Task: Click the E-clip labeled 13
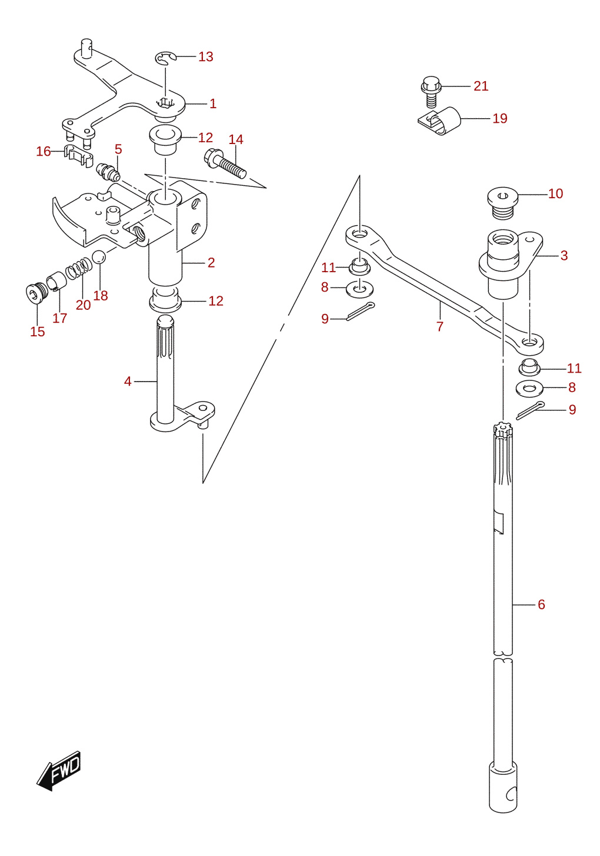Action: click(x=165, y=58)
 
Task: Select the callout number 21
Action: click(x=481, y=86)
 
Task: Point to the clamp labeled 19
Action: click(x=440, y=121)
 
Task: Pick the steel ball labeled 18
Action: click(x=99, y=256)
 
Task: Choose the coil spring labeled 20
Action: click(x=78, y=267)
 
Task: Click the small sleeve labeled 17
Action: click(x=56, y=280)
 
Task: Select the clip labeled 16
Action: click(x=78, y=155)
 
